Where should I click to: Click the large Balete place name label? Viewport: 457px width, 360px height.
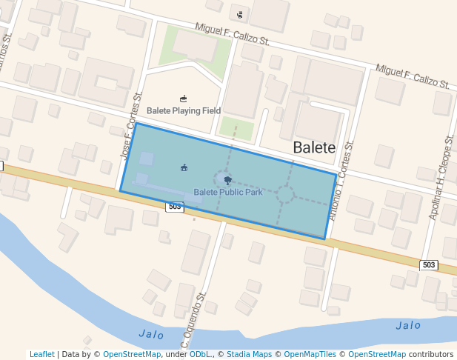314,147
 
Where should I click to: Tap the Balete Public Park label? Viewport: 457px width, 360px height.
228,193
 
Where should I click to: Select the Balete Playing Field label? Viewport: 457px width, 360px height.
184,110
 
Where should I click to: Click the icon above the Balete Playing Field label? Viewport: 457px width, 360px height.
184,99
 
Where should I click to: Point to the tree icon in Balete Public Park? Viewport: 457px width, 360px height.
227,180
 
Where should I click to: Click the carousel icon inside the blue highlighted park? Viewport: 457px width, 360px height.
184,167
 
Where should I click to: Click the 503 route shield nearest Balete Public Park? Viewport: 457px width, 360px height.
175,207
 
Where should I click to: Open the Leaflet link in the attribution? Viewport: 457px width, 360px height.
41,354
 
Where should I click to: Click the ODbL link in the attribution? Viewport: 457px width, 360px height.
200,354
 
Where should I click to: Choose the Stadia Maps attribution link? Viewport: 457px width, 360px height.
249,354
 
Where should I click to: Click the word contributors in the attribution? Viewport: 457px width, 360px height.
431,354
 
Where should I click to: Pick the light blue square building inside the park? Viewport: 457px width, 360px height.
147,159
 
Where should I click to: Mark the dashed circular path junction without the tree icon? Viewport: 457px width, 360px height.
285,194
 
